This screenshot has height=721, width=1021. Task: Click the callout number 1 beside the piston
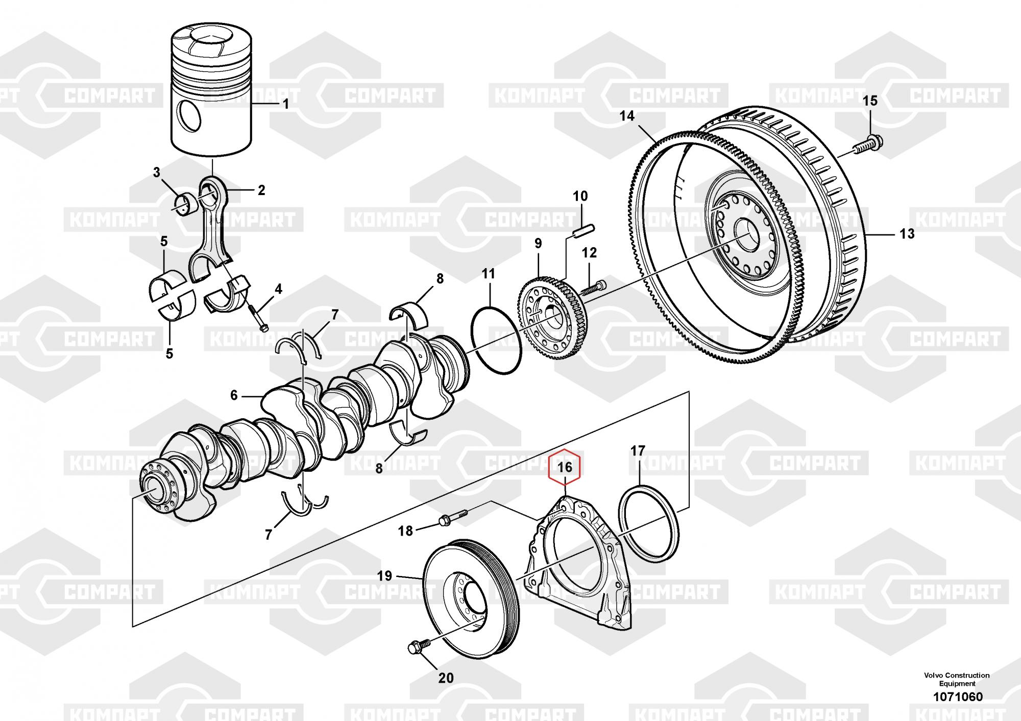tap(286, 104)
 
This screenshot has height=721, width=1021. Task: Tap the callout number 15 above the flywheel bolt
tap(870, 101)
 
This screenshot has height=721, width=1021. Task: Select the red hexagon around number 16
tap(564, 467)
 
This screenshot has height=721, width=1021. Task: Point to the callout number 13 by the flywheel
tap(907, 234)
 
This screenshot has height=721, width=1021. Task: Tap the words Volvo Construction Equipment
tap(956, 679)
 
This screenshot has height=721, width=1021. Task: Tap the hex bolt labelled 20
tap(414, 648)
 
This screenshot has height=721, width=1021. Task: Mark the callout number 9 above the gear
tap(538, 244)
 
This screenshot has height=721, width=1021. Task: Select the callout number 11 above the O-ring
tap(489, 274)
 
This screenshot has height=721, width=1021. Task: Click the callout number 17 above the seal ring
tap(638, 451)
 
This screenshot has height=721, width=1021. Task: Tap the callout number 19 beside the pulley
tap(384, 576)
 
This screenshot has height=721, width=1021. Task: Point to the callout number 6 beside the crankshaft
tap(234, 395)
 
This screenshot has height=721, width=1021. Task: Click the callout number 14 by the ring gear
tap(627, 116)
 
